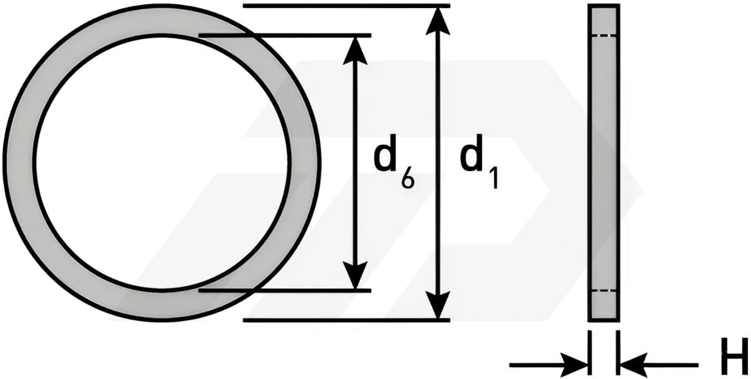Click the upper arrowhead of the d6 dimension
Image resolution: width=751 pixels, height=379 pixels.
pyautogui.click(x=356, y=50)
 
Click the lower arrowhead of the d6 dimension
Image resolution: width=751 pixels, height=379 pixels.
pyautogui.click(x=356, y=275)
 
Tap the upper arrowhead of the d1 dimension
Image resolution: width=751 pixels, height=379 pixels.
pyautogui.click(x=438, y=21)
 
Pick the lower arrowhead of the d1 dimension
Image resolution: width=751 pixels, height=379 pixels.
pyautogui.click(x=438, y=305)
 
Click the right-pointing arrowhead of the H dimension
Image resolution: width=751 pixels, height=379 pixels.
pyautogui.click(x=574, y=365)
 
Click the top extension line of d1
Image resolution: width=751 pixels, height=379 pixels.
pyautogui.click(x=346, y=6)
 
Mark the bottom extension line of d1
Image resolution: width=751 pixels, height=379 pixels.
pyautogui.click(x=346, y=321)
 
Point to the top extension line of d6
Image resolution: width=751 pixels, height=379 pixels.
pyautogui.click(x=285, y=35)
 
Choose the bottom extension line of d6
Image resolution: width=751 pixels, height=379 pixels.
pyautogui.click(x=285, y=291)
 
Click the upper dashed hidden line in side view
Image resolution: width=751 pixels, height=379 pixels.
pyautogui.click(x=604, y=35)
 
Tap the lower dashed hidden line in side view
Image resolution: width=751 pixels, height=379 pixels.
pyautogui.click(x=604, y=291)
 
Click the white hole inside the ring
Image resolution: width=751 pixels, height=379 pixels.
pyautogui.click(x=161, y=163)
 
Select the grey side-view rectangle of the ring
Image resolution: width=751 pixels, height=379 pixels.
pyautogui.click(x=604, y=163)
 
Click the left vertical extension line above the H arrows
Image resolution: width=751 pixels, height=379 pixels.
pyautogui.click(x=590, y=352)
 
